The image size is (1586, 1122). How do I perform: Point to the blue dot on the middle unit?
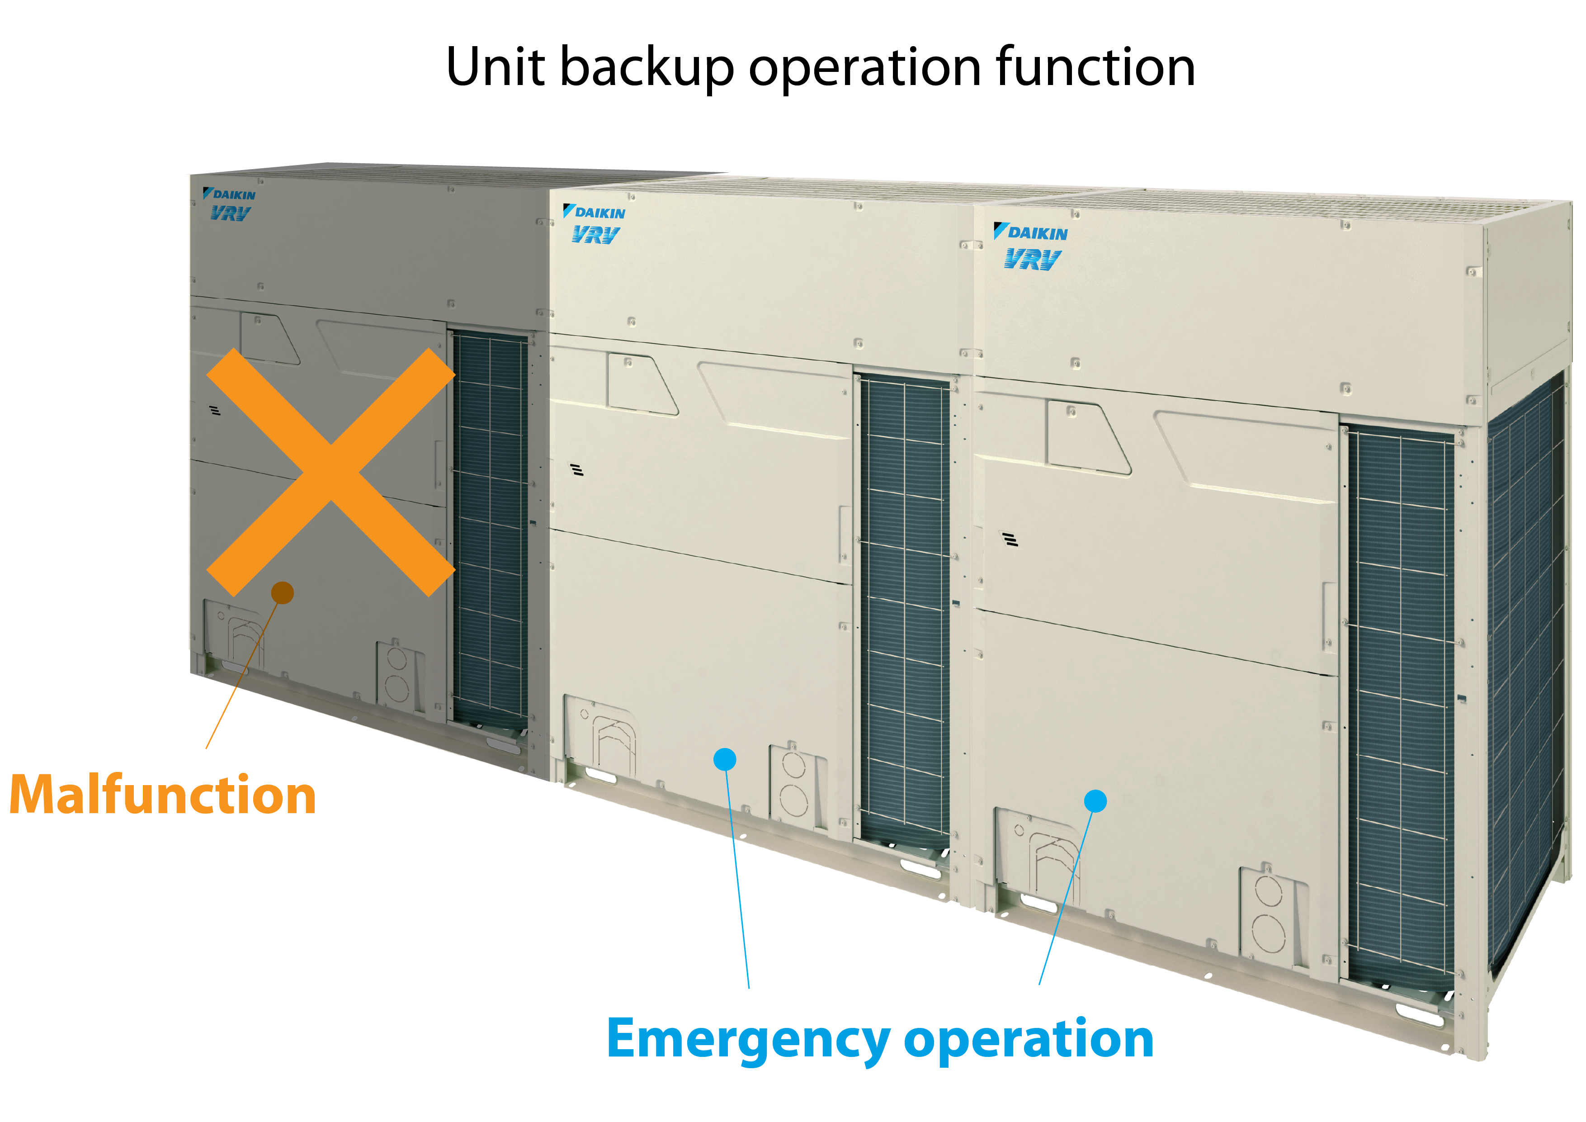pyautogui.click(x=725, y=759)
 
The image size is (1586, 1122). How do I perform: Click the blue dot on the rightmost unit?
pyautogui.click(x=1095, y=801)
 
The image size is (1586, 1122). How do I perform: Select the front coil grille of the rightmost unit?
pyautogui.click(x=1400, y=705)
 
